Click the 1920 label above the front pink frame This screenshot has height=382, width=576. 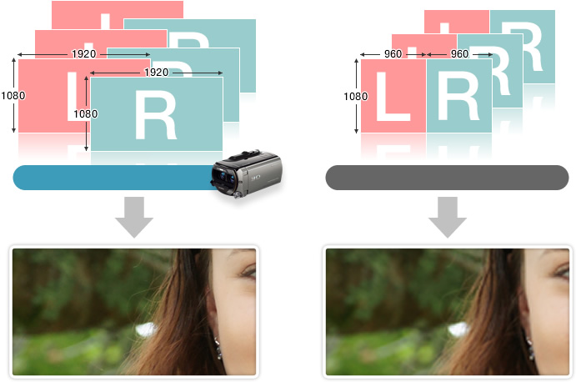(x=83, y=54)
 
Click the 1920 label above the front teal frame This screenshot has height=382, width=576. (x=157, y=72)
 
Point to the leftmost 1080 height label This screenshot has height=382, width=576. (x=13, y=96)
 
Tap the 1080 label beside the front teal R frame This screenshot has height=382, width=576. (x=86, y=114)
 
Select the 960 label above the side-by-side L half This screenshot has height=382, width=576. (x=393, y=54)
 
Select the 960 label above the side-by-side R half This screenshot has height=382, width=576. (x=459, y=54)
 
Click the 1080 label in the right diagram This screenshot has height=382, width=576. (x=355, y=96)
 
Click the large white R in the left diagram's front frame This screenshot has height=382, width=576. (x=156, y=114)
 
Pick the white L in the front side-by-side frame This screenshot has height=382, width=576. (x=393, y=96)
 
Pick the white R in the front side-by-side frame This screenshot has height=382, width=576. (x=458, y=96)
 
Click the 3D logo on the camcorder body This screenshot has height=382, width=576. (x=256, y=178)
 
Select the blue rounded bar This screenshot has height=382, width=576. (x=114, y=178)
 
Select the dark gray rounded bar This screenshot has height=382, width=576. (x=447, y=178)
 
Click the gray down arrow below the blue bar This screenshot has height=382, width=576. (x=134, y=217)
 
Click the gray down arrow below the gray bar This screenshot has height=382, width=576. (x=448, y=217)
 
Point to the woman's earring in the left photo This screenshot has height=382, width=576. (x=218, y=348)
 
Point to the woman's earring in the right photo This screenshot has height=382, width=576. (x=531, y=348)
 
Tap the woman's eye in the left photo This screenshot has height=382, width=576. (x=248, y=273)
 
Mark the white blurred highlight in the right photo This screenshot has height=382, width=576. (x=458, y=329)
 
